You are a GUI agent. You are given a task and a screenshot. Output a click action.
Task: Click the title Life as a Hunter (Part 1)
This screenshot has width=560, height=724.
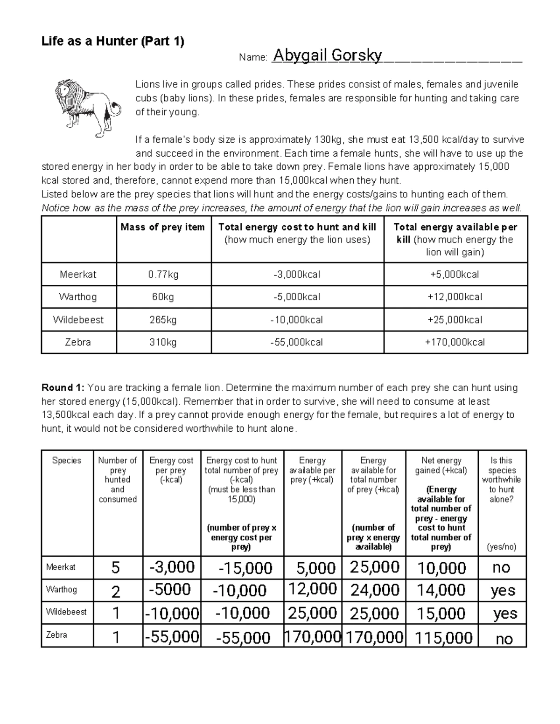(113, 41)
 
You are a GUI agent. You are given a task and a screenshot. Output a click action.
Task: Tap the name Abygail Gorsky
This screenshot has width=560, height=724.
(327, 56)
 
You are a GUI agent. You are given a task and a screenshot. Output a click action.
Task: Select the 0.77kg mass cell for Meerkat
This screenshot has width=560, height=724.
(163, 275)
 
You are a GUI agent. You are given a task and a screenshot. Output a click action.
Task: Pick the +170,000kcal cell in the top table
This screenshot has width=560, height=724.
(455, 342)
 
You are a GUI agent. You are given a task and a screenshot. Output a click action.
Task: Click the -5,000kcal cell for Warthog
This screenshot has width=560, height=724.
(297, 297)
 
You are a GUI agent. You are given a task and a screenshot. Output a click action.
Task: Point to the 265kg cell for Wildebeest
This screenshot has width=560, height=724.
(163, 320)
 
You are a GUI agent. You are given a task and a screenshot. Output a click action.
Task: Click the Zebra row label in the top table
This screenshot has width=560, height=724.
(78, 342)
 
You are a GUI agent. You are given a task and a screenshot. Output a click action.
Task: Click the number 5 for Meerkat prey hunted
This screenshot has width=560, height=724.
(116, 568)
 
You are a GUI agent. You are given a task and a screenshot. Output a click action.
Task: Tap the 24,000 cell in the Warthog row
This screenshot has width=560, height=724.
(374, 590)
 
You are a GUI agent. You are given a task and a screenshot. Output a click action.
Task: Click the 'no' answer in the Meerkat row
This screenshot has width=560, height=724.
(501, 568)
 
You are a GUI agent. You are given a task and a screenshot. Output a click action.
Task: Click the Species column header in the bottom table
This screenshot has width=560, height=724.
(67, 461)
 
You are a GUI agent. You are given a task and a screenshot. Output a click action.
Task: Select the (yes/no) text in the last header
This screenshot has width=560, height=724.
(501, 547)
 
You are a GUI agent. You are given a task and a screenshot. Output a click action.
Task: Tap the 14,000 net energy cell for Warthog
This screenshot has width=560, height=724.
(441, 590)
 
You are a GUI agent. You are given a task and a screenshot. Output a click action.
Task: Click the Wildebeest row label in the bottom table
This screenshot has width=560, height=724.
(66, 612)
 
